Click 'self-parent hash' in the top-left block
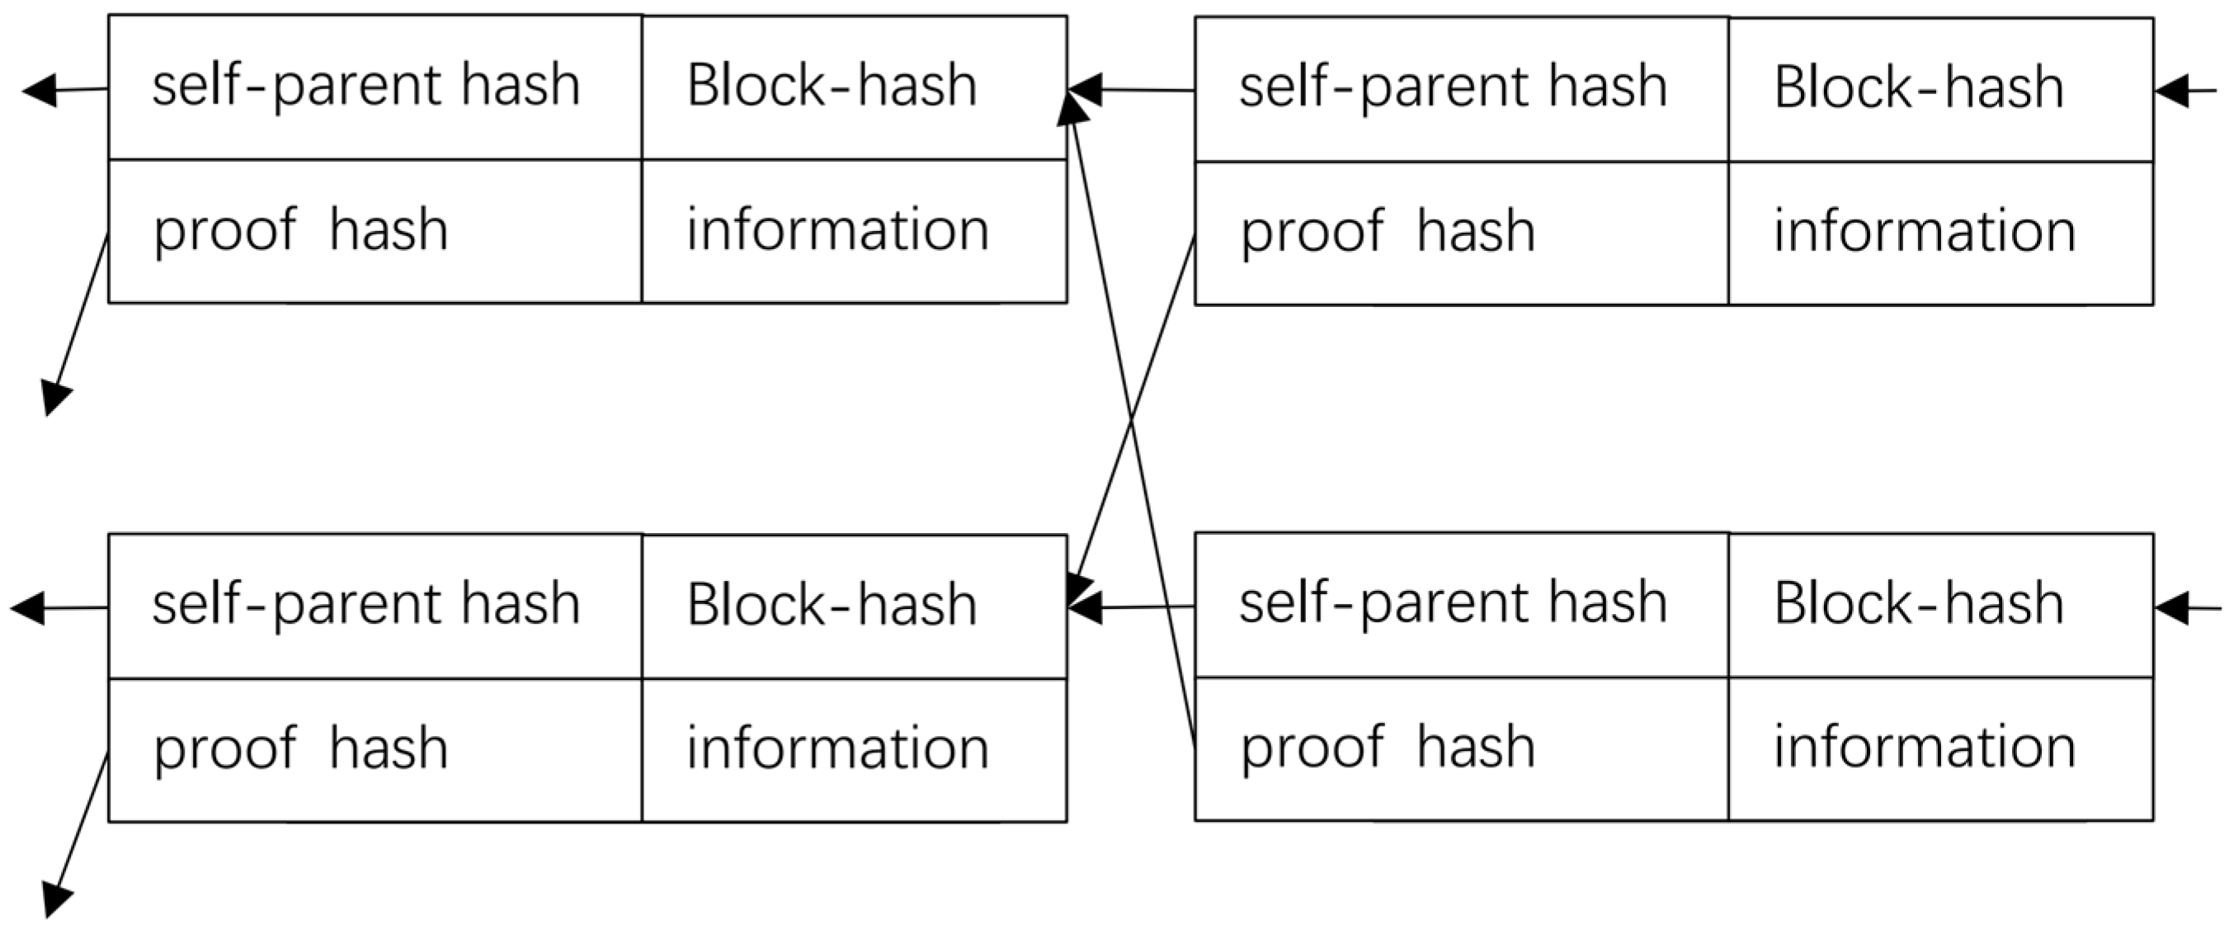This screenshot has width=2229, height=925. tap(366, 86)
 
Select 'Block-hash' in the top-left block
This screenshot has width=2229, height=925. tap(832, 86)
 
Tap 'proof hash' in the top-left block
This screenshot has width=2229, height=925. tap(300, 230)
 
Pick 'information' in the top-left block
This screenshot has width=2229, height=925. tap(837, 230)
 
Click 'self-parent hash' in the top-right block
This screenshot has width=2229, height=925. tap(1453, 87)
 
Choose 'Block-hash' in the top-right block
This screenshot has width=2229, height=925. tap(1918, 87)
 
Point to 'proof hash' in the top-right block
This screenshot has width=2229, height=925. tap(1387, 232)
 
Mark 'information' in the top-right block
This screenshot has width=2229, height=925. tap(1925, 232)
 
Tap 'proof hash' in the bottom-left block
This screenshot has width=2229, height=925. tap(300, 748)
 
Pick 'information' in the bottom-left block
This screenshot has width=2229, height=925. tap(837, 748)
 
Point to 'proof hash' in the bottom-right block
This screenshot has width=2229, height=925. tap(1387, 747)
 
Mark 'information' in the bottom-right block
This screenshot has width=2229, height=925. tap(1925, 747)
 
